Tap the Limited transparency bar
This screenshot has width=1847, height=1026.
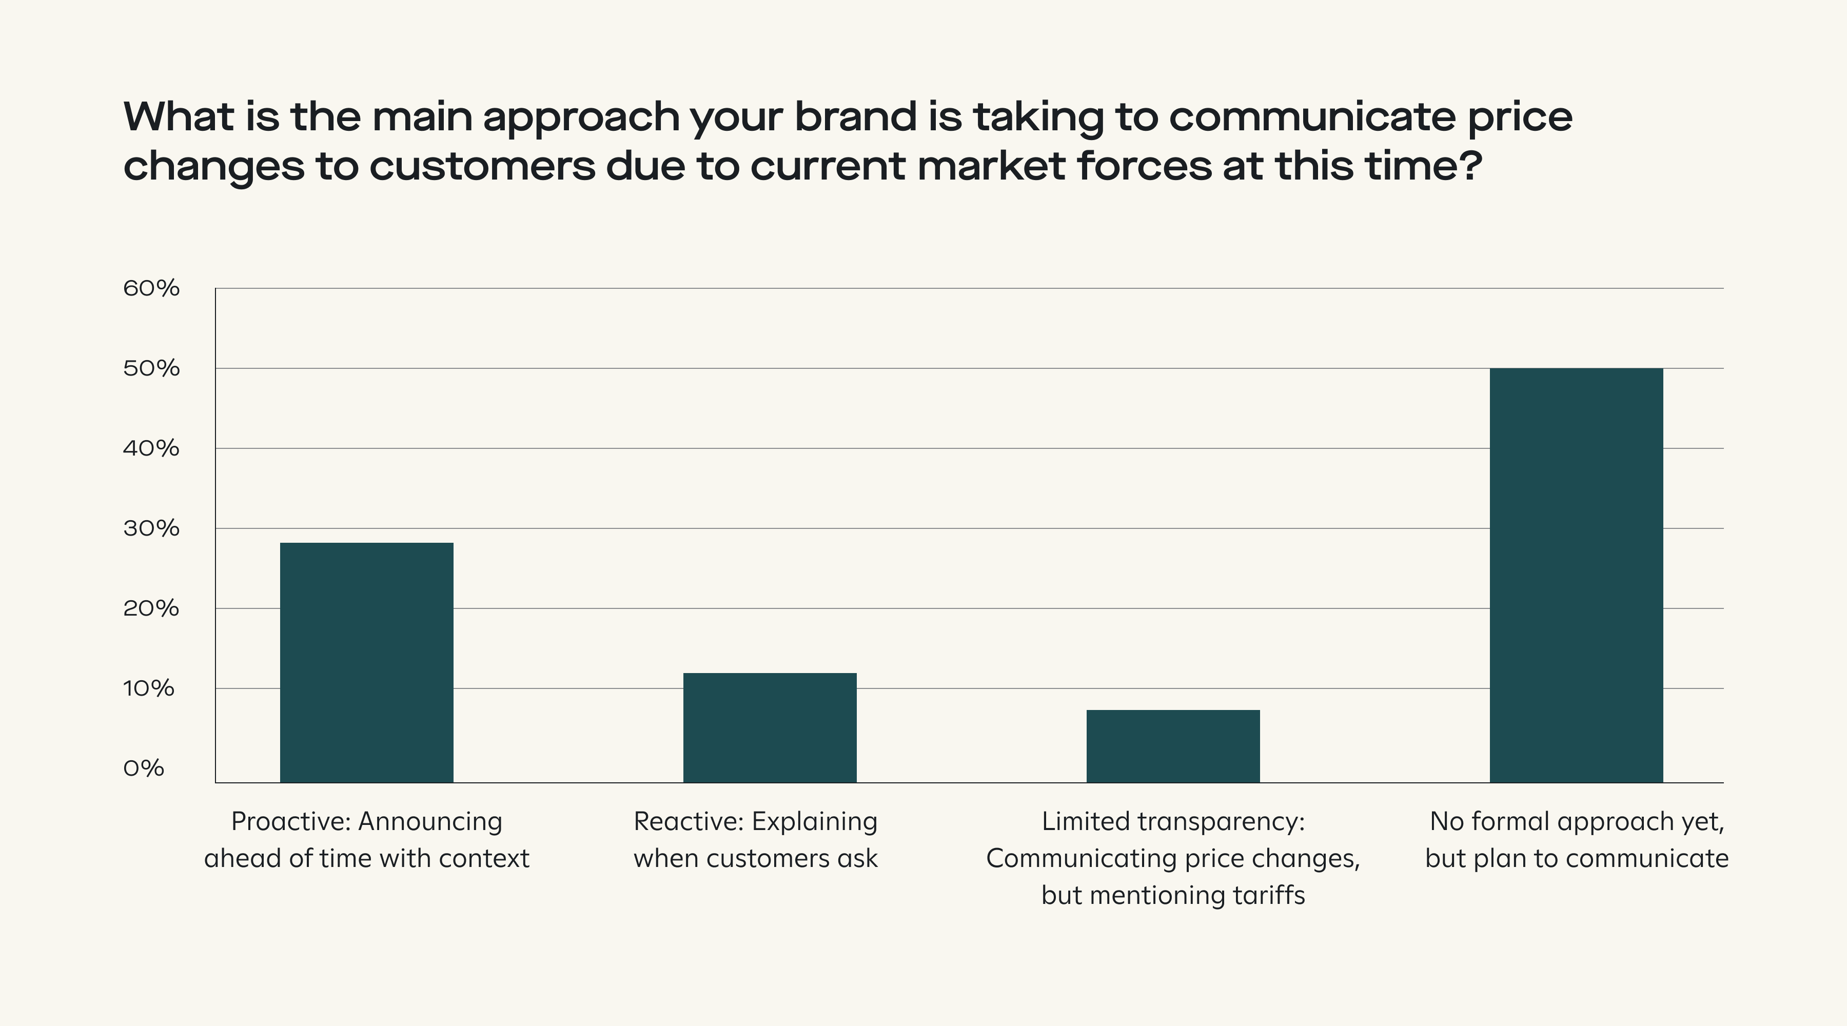click(1173, 746)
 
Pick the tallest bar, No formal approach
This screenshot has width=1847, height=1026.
click(1576, 575)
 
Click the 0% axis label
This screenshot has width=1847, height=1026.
click(144, 768)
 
